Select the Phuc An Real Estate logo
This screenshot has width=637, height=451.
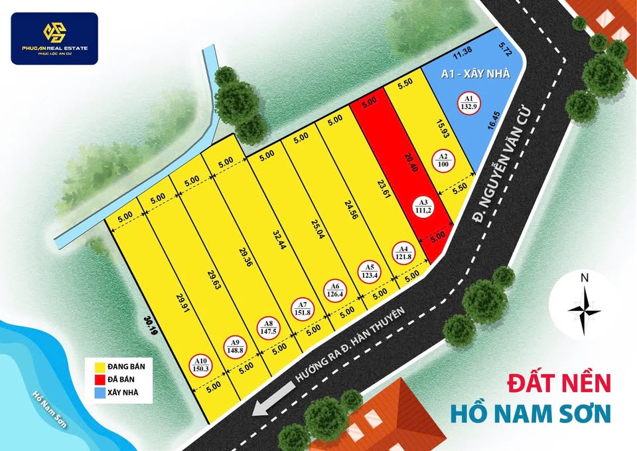point(54,39)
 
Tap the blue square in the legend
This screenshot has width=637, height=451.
point(98,393)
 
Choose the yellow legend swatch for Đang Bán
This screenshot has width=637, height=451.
point(98,366)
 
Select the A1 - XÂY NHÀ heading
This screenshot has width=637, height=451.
point(476,74)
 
